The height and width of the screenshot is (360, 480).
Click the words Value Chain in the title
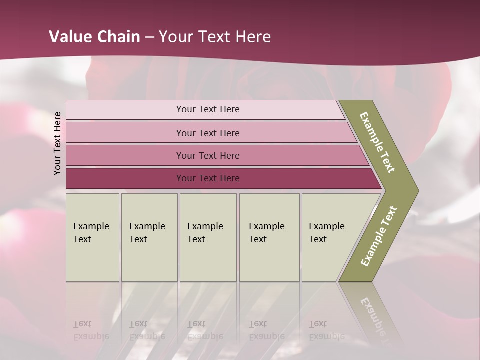pyautogui.click(x=94, y=37)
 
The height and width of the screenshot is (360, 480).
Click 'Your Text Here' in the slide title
pyautogui.click(x=215, y=37)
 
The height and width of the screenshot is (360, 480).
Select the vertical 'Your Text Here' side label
pyautogui.click(x=58, y=143)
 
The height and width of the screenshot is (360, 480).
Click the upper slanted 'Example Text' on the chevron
pyautogui.click(x=377, y=142)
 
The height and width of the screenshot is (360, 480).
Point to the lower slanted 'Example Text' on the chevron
pyautogui.click(x=379, y=236)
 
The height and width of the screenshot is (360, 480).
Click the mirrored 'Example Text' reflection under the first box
pyautogui.click(x=91, y=330)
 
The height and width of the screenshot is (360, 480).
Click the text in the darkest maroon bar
pyautogui.click(x=208, y=178)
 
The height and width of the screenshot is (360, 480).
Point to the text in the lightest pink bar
pyautogui.click(x=208, y=109)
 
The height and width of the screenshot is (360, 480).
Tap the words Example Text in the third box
pyautogui.click(x=205, y=233)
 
